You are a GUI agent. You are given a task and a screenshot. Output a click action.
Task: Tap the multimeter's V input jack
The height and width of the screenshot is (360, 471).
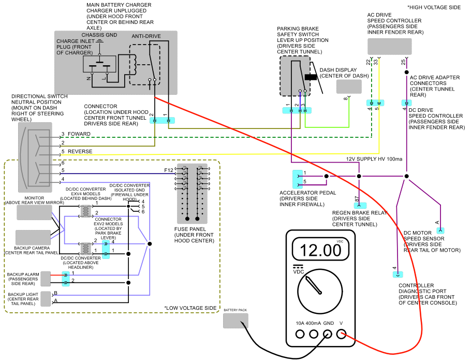pyautogui.click(x=341, y=334)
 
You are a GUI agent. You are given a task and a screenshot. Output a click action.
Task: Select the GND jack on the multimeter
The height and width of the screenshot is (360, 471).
pyautogui.click(x=328, y=334)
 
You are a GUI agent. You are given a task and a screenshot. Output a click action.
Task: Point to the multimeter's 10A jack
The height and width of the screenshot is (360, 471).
pyautogui.click(x=300, y=334)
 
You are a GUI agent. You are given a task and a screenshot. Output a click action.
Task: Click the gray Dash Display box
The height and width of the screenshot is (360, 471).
pyautogui.click(x=349, y=87)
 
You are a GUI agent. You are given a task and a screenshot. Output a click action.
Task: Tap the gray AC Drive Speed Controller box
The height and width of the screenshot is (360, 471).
pyautogui.click(x=389, y=47)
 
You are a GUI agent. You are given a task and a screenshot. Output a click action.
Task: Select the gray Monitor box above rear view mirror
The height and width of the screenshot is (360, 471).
pyautogui.click(x=35, y=212)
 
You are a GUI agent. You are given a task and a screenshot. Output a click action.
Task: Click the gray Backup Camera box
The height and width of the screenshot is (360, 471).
pyautogui.click(x=33, y=238)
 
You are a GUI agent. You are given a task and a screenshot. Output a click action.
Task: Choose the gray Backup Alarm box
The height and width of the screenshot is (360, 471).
pyautogui.click(x=46, y=279)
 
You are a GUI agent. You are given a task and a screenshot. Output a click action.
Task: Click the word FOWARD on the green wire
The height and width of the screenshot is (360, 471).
pyautogui.click(x=79, y=134)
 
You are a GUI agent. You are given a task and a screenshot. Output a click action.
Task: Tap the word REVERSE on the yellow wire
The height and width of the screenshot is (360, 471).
pyautogui.click(x=80, y=152)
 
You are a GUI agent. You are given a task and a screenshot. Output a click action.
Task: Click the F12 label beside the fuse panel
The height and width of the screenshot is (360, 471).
pyautogui.click(x=169, y=169)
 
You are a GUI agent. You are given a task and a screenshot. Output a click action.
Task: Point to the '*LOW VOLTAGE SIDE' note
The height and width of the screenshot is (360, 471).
pyautogui.click(x=191, y=308)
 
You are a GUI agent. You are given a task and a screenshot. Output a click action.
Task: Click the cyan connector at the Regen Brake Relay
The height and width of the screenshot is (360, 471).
pyautogui.click(x=360, y=206)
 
